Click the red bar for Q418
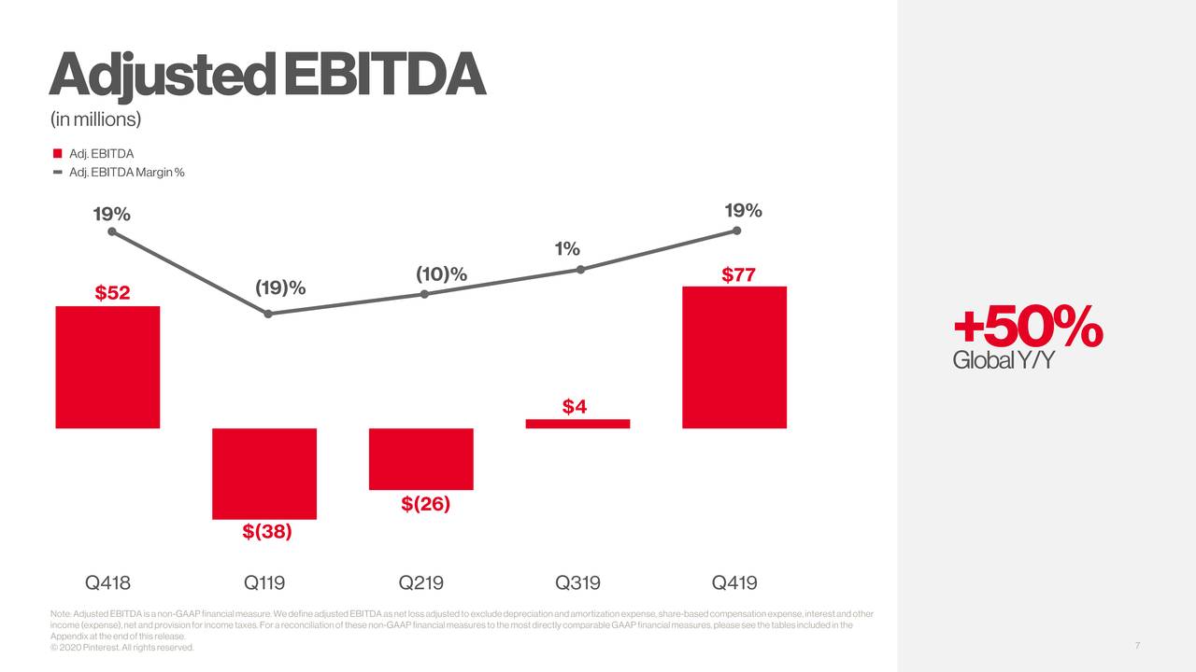pos(107,367)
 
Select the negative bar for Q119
pos(264,473)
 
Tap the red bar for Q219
pos(421,458)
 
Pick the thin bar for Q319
pos(577,424)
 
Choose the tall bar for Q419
pos(734,357)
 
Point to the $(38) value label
pos(267,532)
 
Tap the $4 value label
pos(574,406)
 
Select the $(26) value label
pos(426,504)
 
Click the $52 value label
pos(112,293)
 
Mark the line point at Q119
pos(268,314)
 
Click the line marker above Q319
pos(580,270)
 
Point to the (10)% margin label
pos(441,273)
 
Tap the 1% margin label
pos(567,249)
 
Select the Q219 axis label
pos(421,583)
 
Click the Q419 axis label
pos(734,583)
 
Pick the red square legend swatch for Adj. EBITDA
pos(58,153)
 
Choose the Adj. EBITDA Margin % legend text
pos(127,173)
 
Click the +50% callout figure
pos(1028,328)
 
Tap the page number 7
pos(1137,646)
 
